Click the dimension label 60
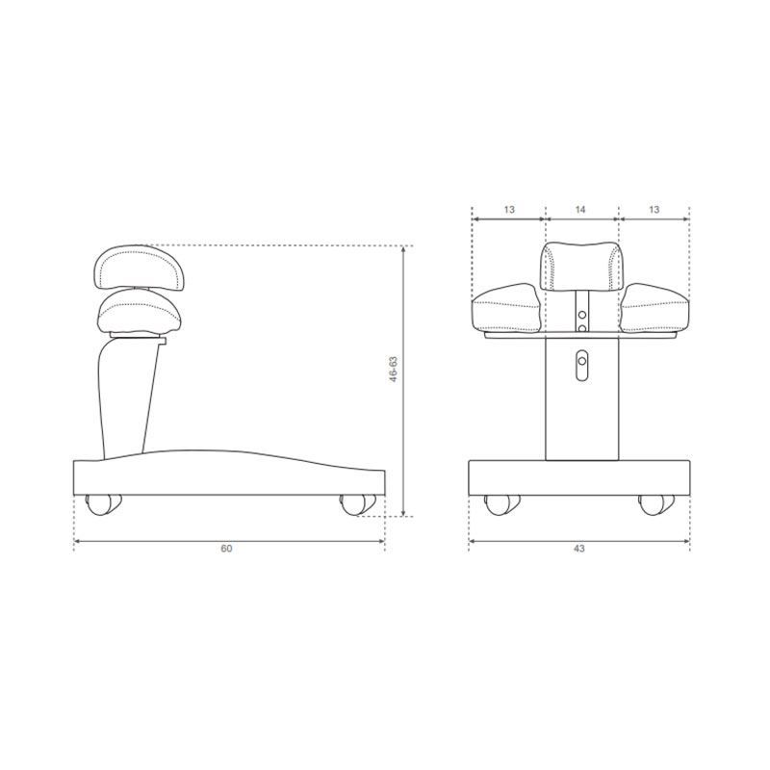click(x=226, y=549)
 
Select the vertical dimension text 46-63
click(x=392, y=371)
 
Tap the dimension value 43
click(x=578, y=549)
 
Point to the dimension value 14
click(x=580, y=210)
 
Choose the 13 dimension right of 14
click(x=654, y=210)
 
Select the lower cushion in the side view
click(x=137, y=312)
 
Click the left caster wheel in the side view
click(x=101, y=503)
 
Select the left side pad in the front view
click(x=505, y=309)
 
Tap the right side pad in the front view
click(x=654, y=309)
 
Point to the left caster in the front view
click(x=499, y=503)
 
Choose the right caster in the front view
click(x=656, y=503)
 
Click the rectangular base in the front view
click(x=579, y=477)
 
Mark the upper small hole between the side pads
click(x=580, y=313)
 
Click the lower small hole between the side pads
click(x=580, y=328)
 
